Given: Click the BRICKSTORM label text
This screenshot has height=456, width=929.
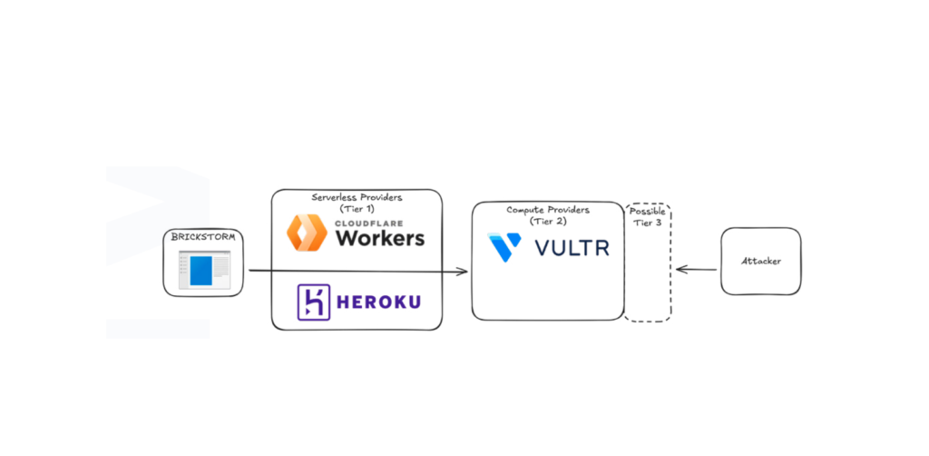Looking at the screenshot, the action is tap(203, 237).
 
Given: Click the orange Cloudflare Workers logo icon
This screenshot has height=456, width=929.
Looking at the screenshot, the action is tap(307, 233).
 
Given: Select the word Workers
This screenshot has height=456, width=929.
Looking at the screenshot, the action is tap(380, 238).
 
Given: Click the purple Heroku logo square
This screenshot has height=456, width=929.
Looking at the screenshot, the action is tap(313, 302).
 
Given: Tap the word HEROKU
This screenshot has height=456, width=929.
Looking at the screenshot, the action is tap(378, 302).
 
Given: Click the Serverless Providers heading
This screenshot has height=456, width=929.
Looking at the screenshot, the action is tap(357, 197).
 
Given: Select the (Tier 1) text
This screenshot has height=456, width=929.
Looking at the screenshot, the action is tap(357, 208).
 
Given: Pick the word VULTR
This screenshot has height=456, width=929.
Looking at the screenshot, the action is tap(572, 248).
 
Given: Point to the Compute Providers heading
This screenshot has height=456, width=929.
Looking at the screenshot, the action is tap(548, 211).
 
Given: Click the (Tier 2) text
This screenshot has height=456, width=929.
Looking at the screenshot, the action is tap(548, 222).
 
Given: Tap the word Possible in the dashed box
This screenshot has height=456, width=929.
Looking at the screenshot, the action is tap(647, 212).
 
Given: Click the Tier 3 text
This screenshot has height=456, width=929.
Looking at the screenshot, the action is tap(648, 223).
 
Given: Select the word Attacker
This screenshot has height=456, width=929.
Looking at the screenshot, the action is tap(761, 261).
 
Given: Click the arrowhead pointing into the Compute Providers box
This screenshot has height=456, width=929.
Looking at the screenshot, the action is tap(462, 272).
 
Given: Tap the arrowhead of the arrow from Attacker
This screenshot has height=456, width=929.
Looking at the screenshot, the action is tap(682, 270).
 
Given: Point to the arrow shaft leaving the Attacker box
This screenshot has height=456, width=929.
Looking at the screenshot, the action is tap(697, 270).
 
